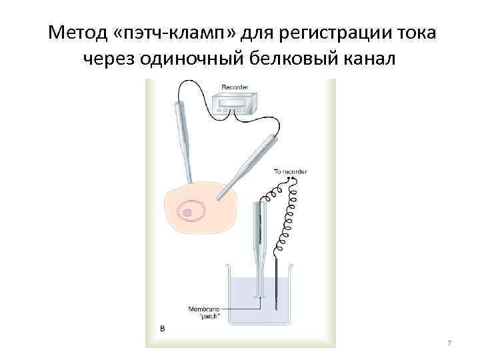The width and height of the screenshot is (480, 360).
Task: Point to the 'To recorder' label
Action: point(291,172)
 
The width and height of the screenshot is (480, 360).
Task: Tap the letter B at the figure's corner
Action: point(162,328)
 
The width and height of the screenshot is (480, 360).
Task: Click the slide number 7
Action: point(449,343)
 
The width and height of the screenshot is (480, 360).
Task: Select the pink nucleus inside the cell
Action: point(188,213)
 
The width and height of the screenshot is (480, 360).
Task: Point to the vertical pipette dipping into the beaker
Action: point(257,247)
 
